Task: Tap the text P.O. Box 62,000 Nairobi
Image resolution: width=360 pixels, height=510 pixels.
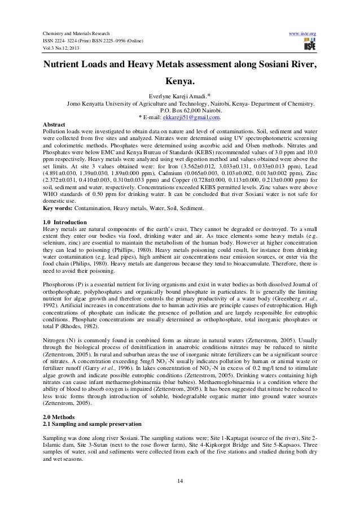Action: click(179, 111)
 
